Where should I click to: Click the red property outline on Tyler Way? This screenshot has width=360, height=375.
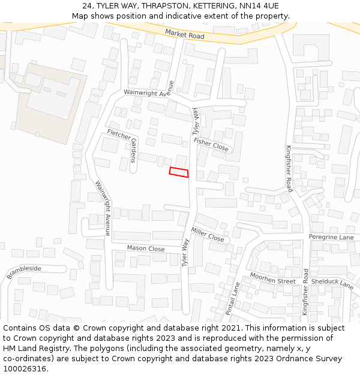(x=179, y=172)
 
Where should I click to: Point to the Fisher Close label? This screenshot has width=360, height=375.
(x=211, y=144)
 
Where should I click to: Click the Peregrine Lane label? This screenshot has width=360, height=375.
(x=331, y=237)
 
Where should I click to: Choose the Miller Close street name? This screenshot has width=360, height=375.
(x=208, y=235)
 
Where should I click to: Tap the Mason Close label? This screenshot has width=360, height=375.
(x=146, y=248)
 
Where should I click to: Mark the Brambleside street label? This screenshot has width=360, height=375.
(x=25, y=272)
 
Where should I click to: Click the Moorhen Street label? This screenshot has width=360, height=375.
(x=273, y=278)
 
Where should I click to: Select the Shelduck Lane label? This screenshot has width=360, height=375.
(x=332, y=283)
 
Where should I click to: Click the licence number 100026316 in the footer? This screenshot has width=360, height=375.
(x=25, y=368)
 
